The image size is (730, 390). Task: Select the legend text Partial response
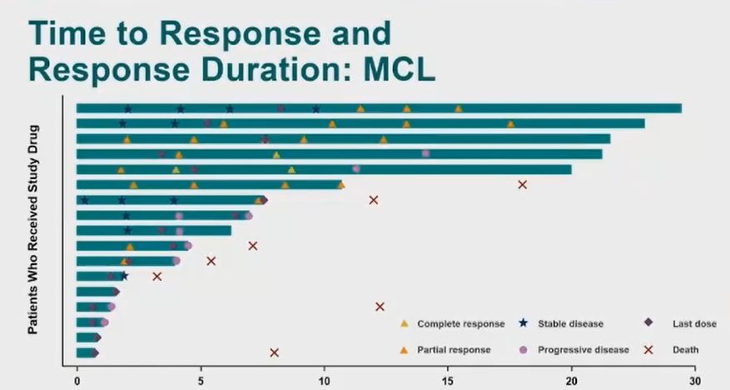tap(454, 349)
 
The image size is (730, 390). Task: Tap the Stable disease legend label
tap(570, 323)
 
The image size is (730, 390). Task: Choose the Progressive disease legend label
tap(584, 349)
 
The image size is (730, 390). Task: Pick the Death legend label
tap(686, 349)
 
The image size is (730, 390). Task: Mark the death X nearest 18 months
tap(523, 184)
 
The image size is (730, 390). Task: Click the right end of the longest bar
tap(680, 108)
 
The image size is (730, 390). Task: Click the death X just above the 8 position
tap(274, 352)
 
